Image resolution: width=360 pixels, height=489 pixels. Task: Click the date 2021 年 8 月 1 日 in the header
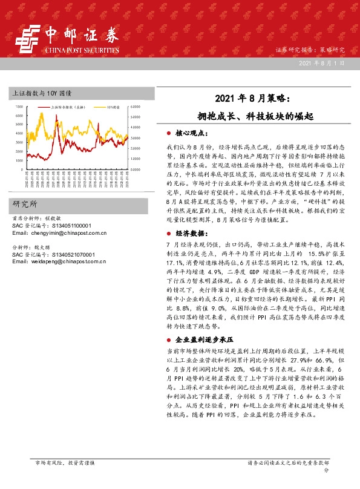coord(324,63)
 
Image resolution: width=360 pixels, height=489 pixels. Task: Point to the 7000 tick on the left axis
coord(19,107)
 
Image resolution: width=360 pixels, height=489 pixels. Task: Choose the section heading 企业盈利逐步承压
coord(203,341)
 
